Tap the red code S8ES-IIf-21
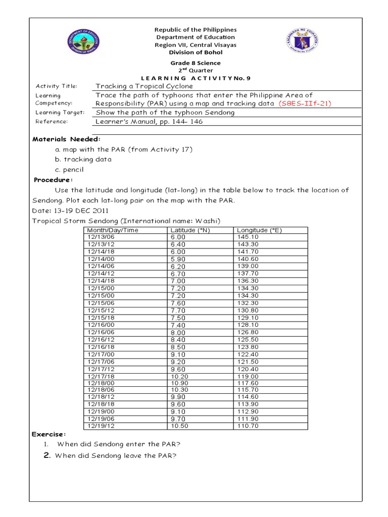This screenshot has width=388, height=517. point(305,104)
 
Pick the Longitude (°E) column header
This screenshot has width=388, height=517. point(260,230)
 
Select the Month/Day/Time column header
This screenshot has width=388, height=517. point(113,230)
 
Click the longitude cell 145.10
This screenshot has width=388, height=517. point(248,236)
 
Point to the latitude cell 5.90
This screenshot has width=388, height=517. point(178,259)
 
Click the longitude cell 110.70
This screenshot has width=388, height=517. point(248,426)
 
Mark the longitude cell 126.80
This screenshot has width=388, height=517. point(248,332)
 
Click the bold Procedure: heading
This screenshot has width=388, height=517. point(54,180)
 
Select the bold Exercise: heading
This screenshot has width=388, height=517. point(49,434)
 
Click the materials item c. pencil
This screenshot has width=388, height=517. point(69,170)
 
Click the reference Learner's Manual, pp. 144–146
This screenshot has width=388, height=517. point(149,122)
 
